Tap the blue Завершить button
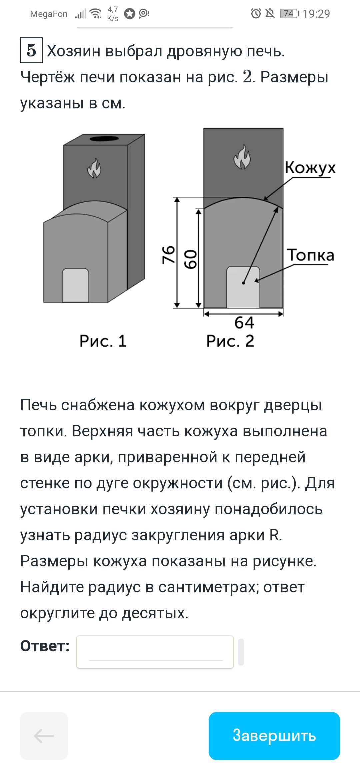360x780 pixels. tap(274, 736)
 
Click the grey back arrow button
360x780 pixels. tap(44, 736)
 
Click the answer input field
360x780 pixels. tap(155, 652)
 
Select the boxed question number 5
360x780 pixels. tap(31, 50)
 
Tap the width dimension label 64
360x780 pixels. tap(244, 323)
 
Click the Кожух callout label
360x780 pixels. tap(310, 168)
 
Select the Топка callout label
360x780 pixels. tap(311, 255)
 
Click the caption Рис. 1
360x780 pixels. tap(103, 341)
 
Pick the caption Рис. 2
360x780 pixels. tap(230, 341)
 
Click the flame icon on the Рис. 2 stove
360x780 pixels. tap(242, 157)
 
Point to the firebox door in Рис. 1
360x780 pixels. tap(75, 285)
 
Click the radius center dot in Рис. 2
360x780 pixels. tap(244, 283)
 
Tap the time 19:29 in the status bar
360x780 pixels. tap(317, 14)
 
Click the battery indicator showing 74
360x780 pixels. tap(289, 14)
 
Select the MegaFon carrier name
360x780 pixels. tap(49, 14)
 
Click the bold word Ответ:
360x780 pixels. tap(45, 646)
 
